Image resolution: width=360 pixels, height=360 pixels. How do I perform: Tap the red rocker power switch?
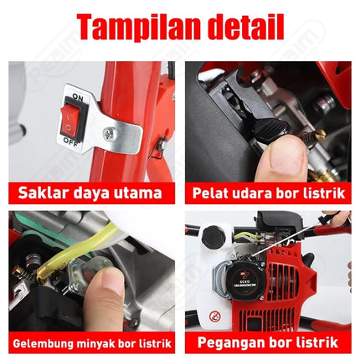coord(70,120)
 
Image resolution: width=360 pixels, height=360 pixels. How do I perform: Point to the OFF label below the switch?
coord(71,142)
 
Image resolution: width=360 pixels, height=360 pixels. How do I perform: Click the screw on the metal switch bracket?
coord(108,133)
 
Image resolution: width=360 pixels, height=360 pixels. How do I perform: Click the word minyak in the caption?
coord(101,342)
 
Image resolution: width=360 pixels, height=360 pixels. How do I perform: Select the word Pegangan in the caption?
coord(230,342)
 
